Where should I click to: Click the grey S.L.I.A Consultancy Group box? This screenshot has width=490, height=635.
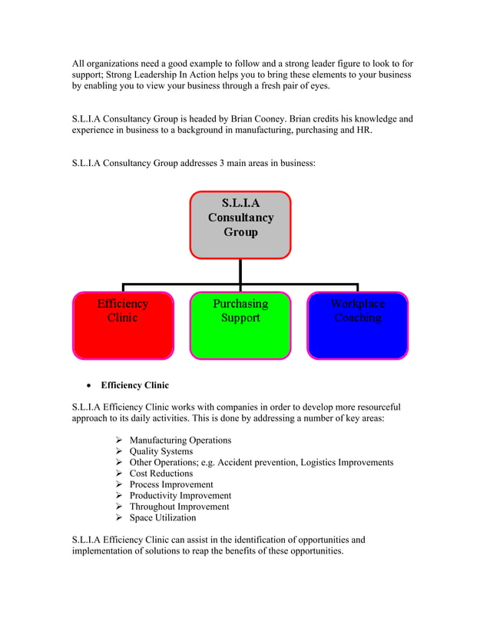coord(240,224)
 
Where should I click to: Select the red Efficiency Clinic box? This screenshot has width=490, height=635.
coord(123,325)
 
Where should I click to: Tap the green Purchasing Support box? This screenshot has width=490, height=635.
coord(240,325)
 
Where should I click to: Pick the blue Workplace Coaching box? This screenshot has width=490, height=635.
coord(357,325)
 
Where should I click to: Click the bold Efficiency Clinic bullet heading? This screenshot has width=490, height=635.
coord(135,385)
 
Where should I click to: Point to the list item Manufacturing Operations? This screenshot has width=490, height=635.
coord(180,441)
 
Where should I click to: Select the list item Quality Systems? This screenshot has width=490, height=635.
coord(161,451)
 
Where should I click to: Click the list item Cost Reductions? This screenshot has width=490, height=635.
coord(161,474)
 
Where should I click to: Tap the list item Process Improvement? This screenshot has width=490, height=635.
coord(171,485)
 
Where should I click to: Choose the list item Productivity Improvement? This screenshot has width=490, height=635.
coord(180,496)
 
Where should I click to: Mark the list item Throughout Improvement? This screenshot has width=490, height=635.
coord(179,507)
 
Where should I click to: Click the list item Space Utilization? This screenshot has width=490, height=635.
coord(162,517)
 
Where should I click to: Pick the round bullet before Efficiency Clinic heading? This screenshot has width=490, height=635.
coord(90,386)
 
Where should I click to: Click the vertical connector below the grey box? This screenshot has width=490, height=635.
coord(240,271)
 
